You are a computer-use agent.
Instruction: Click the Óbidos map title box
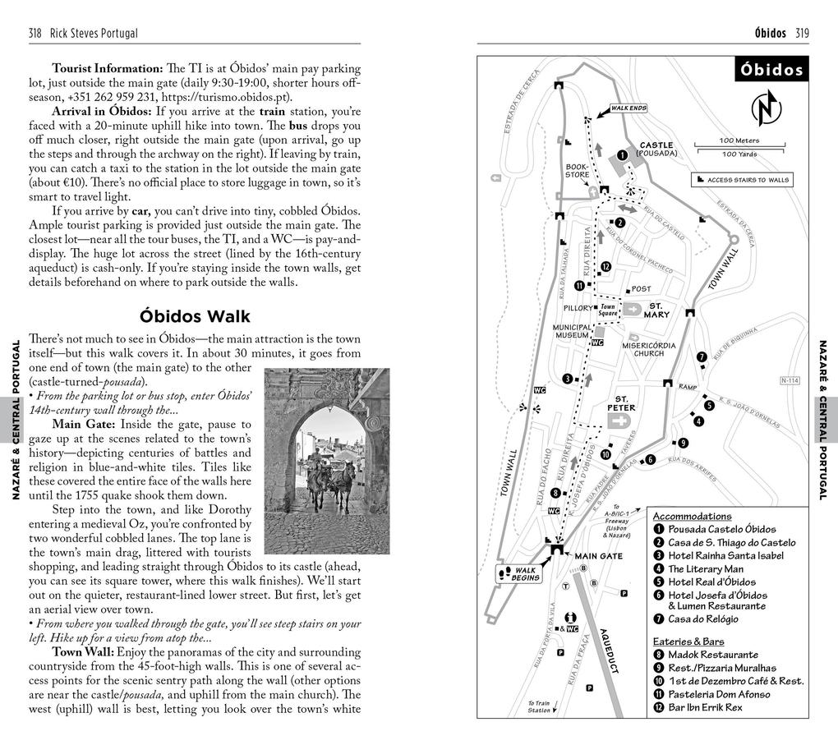point(771,70)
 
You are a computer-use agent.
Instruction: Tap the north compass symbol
point(766,108)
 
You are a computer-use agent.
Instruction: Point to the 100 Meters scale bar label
point(739,140)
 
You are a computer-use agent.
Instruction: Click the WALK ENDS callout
point(628,108)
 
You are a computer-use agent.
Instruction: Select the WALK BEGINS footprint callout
point(518,574)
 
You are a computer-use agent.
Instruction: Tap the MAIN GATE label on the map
point(598,556)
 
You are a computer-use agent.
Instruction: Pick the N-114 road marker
point(789,380)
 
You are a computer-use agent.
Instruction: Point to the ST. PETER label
point(621,402)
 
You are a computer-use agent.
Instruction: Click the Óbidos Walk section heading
point(195,316)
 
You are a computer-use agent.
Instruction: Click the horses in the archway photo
point(329,485)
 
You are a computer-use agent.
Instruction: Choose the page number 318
point(35,33)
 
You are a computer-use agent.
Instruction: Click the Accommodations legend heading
point(692,517)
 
